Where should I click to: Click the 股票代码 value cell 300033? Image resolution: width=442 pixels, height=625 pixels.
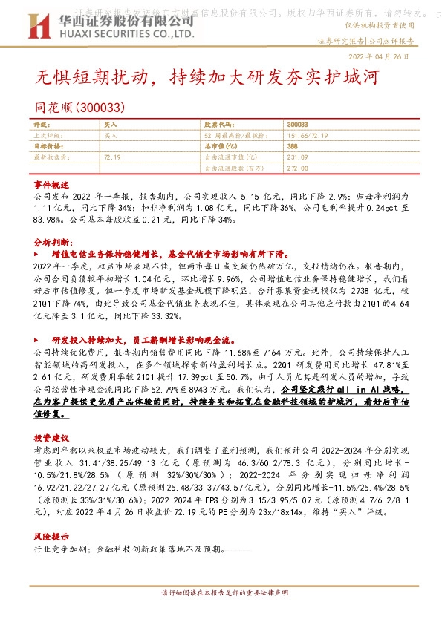pyautogui.click(x=297, y=125)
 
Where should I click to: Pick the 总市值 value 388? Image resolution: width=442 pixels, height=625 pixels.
pyautogui.click(x=292, y=147)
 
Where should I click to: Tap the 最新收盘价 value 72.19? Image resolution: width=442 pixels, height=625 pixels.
pyautogui.click(x=113, y=157)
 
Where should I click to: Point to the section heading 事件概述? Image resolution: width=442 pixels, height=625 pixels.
pyautogui.click(x=51, y=183)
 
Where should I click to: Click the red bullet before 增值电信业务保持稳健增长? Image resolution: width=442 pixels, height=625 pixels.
pyautogui.click(x=37, y=254)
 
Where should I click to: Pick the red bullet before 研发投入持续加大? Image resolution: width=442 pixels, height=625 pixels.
pyautogui.click(x=37, y=339)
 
